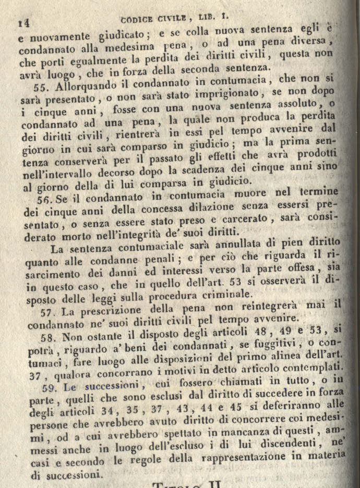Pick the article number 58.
(48, 338)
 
